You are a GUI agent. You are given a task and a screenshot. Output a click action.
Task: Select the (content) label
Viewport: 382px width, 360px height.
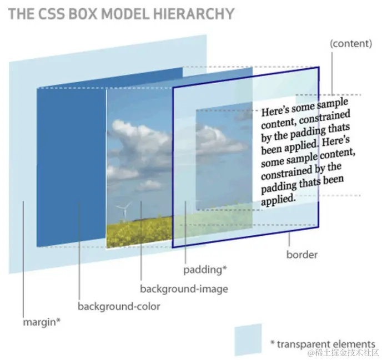(350, 43)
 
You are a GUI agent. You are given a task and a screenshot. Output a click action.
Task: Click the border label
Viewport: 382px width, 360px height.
(301, 255)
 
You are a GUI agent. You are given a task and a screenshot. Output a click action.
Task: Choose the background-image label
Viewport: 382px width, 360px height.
(184, 288)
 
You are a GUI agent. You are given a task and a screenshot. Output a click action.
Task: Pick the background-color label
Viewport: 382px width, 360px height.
(119, 306)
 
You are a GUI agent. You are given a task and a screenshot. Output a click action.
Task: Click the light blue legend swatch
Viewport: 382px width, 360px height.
(248, 339)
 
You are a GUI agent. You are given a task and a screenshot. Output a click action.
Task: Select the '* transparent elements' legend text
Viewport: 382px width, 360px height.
(323, 344)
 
